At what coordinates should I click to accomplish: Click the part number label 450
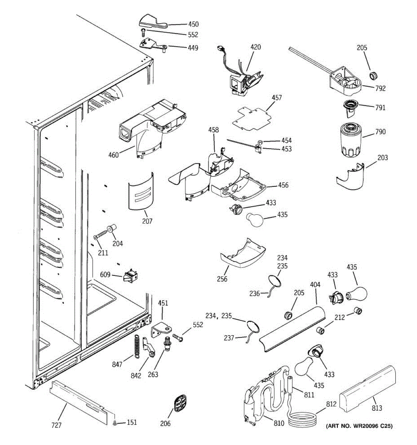click(x=193, y=24)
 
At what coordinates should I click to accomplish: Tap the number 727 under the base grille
click(x=56, y=425)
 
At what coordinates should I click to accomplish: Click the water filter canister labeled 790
click(x=351, y=140)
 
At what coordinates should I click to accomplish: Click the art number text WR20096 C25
click(x=358, y=426)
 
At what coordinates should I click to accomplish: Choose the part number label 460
click(x=113, y=155)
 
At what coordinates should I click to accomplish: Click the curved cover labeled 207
click(x=141, y=192)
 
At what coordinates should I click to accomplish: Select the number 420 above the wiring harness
click(x=255, y=47)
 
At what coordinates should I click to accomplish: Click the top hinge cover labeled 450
click(x=153, y=22)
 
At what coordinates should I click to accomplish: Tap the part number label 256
click(x=222, y=279)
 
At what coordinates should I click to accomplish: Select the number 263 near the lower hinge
click(x=153, y=375)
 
